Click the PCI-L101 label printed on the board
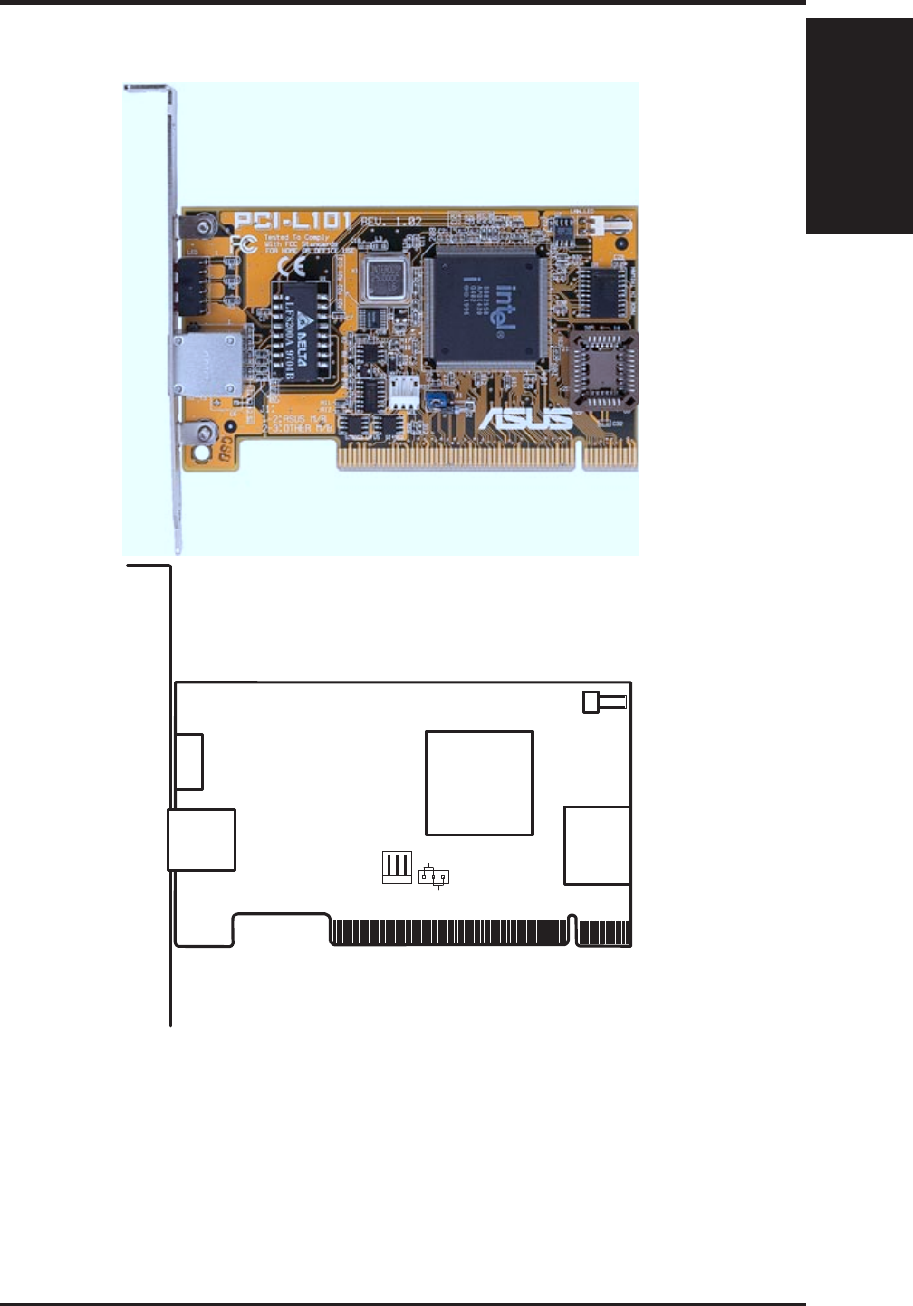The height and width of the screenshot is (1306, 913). (x=291, y=222)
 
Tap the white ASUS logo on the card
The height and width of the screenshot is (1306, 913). (x=525, y=418)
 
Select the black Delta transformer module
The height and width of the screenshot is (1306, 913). (x=307, y=330)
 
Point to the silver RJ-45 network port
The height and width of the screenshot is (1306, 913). (x=205, y=364)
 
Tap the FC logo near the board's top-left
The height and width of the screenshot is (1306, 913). (x=243, y=243)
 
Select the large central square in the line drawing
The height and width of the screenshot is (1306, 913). (x=479, y=783)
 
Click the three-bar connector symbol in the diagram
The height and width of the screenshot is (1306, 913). (x=397, y=867)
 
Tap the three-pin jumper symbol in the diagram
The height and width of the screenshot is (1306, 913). (x=434, y=876)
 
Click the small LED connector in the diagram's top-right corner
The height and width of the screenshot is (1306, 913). (x=602, y=701)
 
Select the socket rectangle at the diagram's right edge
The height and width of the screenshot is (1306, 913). (x=597, y=845)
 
